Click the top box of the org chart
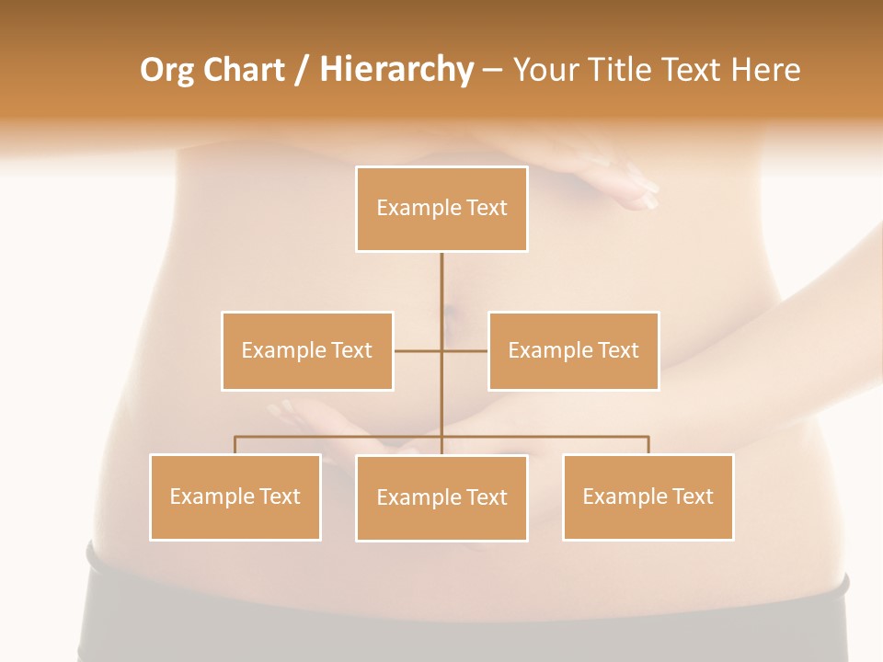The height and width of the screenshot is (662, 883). tap(441, 209)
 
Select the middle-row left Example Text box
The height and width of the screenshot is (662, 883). tap(307, 350)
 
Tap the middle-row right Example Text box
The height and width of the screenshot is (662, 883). tap(573, 350)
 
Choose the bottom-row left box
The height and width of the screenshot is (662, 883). tap(235, 496)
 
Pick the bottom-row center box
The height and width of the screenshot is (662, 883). tap(441, 497)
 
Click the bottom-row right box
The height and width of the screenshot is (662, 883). tap(648, 496)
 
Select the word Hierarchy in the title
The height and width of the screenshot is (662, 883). tap(396, 70)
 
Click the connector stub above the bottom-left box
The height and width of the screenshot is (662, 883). tap(235, 445)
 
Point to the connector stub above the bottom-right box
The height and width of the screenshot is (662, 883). tap(648, 445)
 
